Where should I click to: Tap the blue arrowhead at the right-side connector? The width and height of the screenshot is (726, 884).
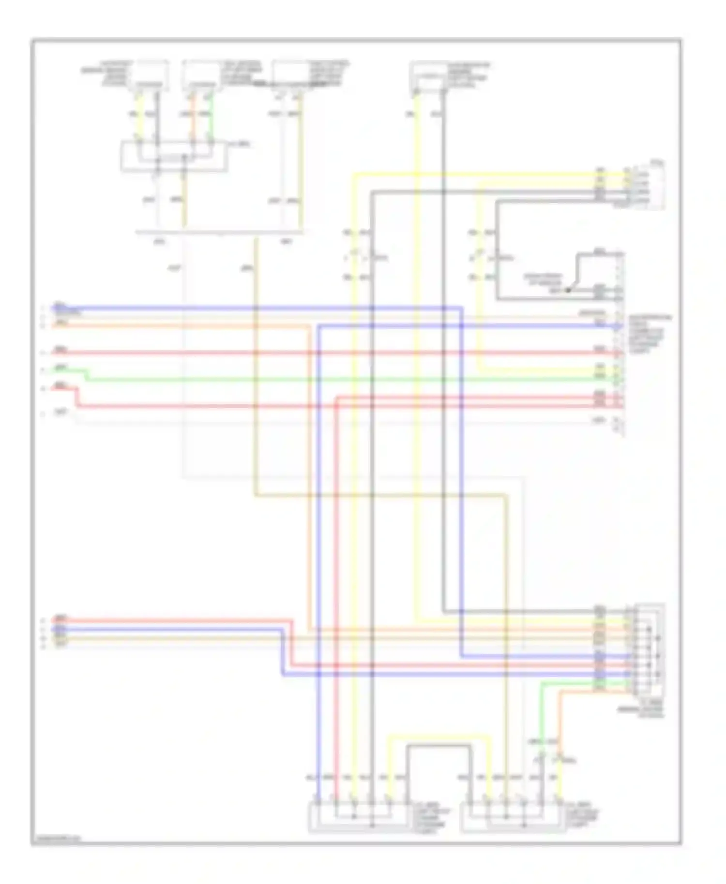tap(618, 326)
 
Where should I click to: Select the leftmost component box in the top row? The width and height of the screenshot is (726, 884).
tap(152, 75)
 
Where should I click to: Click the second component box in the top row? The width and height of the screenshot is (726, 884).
tap(201, 75)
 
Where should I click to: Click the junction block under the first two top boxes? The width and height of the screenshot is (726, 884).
tap(174, 156)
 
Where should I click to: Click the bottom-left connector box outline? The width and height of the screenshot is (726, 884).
tap(359, 817)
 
